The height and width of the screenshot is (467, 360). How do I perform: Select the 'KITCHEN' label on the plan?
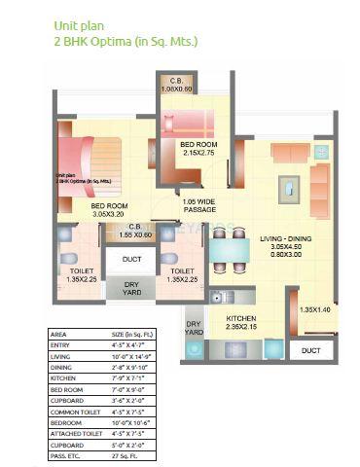(241, 324)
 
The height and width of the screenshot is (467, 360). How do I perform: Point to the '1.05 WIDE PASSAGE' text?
(199, 206)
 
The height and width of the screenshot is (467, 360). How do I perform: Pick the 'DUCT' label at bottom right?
(311, 349)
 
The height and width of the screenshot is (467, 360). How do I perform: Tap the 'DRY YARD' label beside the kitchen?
(193, 328)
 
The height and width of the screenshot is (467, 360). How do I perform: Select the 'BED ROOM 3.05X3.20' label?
(109, 211)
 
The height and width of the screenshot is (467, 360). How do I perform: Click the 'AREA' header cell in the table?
(58, 334)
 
